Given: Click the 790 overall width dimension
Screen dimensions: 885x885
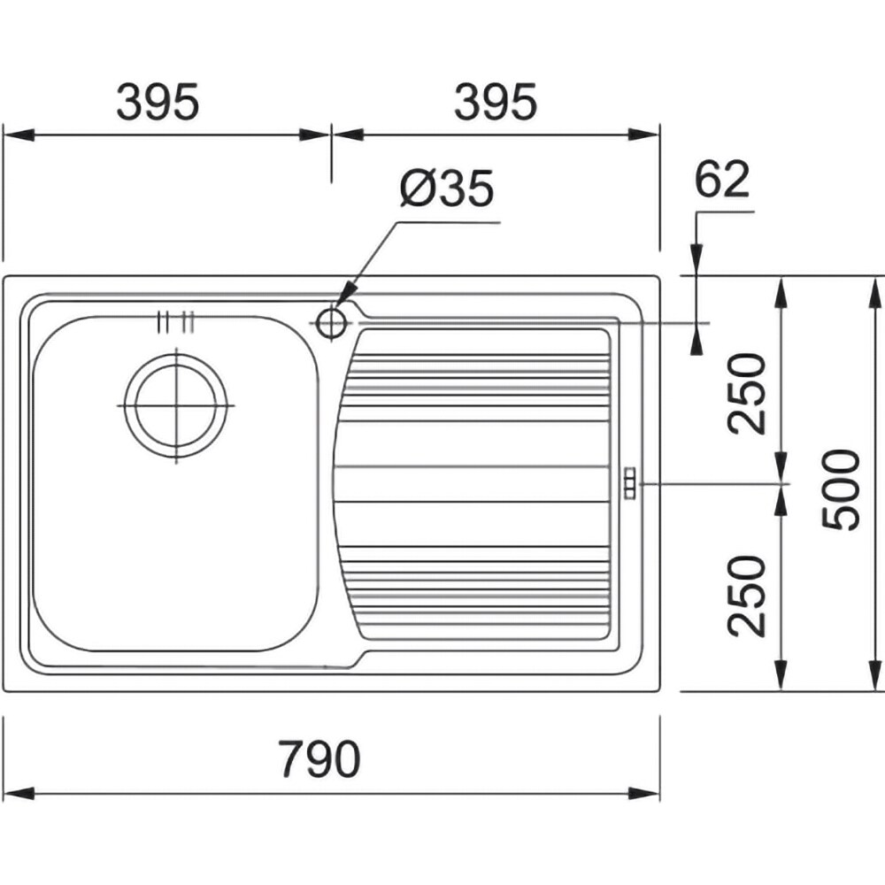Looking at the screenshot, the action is pyautogui.click(x=319, y=759).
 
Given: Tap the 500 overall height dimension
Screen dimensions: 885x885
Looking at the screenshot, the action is pyautogui.click(x=841, y=489).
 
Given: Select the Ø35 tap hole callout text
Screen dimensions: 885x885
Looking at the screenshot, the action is pyautogui.click(x=447, y=189).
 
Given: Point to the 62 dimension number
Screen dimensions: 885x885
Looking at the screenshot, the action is pyautogui.click(x=722, y=179).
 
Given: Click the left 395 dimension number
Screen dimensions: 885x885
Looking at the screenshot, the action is pyautogui.click(x=158, y=102).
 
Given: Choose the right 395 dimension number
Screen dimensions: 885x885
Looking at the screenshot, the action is pyautogui.click(x=496, y=102).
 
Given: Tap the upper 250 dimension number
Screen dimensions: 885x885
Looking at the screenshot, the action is pyautogui.click(x=747, y=394).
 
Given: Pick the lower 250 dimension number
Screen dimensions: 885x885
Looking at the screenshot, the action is pyautogui.click(x=747, y=596).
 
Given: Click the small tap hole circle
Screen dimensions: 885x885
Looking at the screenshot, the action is pyautogui.click(x=331, y=323).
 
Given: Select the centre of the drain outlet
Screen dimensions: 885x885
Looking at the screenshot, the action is pyautogui.click(x=177, y=406).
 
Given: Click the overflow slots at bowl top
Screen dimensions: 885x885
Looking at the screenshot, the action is pyautogui.click(x=176, y=322).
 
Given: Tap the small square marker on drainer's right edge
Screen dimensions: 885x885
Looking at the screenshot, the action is pyautogui.click(x=629, y=483).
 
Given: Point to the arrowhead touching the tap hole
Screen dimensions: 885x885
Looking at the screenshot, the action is pyautogui.click(x=345, y=294).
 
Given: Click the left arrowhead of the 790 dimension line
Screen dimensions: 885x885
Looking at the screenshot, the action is pyautogui.click(x=19, y=794).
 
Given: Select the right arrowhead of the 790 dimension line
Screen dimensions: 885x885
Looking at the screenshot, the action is pyautogui.click(x=644, y=794).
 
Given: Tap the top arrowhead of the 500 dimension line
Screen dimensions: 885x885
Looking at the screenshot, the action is pyautogui.click(x=876, y=292).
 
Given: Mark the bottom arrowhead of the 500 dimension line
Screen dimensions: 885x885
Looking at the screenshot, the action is pyautogui.click(x=876, y=674).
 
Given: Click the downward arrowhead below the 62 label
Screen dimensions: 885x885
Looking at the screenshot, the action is pyautogui.click(x=697, y=260).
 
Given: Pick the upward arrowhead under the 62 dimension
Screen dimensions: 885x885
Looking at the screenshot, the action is pyautogui.click(x=697, y=339).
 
